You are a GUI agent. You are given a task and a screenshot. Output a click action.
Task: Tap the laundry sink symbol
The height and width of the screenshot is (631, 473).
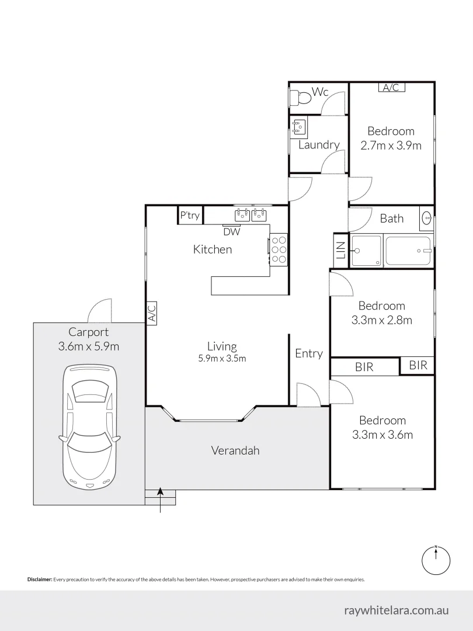[x=300, y=127]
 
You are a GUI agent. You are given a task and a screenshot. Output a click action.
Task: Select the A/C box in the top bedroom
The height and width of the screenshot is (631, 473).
[x=391, y=88]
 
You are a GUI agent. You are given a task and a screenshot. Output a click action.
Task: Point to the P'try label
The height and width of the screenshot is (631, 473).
[x=190, y=216]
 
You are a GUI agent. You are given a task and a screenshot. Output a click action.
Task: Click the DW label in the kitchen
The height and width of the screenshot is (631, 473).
[x=232, y=231]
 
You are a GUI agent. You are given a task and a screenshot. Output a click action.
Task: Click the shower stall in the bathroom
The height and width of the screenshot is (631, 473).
[x=366, y=251]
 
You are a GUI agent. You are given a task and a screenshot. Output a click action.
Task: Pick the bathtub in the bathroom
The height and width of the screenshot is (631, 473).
[x=409, y=251]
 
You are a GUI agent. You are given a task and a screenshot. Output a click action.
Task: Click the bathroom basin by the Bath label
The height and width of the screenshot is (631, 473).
[x=427, y=219]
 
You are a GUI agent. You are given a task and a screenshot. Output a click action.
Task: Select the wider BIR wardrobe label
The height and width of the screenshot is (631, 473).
[x=364, y=367]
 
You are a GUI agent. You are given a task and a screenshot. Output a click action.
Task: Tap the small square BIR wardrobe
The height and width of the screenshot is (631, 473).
[x=418, y=366]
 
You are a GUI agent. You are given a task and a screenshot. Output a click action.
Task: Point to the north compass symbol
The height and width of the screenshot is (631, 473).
[x=436, y=559]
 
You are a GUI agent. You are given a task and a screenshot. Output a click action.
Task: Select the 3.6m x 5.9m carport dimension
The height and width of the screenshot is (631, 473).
[x=89, y=346]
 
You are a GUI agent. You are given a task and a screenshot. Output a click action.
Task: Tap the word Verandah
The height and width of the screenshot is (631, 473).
[x=235, y=450]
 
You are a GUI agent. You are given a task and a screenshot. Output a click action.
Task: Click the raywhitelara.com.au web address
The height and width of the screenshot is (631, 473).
[x=397, y=610]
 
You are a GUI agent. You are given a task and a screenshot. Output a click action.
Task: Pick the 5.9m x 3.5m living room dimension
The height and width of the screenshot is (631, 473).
[x=221, y=359]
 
